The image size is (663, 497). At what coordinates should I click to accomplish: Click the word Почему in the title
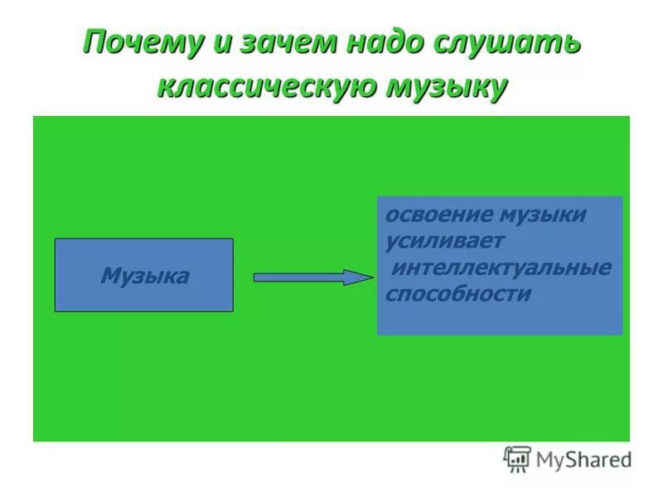142,43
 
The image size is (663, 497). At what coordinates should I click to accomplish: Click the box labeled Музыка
144,275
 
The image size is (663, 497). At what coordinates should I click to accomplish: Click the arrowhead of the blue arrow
358,277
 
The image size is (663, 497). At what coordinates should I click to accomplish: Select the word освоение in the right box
437,215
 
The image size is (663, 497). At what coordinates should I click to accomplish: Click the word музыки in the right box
543,215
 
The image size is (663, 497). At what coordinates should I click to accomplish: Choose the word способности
457,294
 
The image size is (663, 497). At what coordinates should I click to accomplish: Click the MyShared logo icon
517,458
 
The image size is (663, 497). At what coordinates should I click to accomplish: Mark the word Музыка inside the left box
144,276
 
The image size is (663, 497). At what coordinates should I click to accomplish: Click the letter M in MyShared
546,458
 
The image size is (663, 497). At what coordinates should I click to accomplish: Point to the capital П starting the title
95,42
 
